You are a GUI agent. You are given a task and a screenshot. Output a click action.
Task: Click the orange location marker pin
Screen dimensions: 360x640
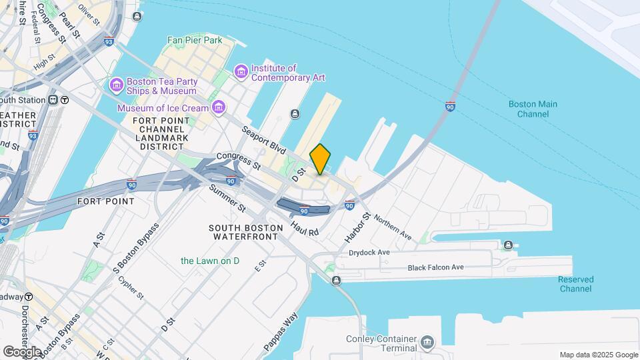(320, 159)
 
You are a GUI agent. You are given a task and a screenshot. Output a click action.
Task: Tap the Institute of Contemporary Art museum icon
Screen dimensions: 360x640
(241, 71)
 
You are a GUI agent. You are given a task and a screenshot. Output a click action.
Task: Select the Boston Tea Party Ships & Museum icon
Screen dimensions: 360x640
(116, 85)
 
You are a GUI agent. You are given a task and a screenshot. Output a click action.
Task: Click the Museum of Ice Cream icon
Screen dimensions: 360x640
(218, 107)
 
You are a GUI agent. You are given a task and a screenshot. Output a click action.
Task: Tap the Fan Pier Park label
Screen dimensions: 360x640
(194, 41)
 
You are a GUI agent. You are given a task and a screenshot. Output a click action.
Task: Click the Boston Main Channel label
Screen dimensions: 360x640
(533, 109)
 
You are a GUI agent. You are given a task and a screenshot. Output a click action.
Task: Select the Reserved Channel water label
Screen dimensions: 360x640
(575, 284)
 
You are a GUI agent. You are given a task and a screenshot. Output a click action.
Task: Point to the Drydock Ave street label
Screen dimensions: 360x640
(369, 253)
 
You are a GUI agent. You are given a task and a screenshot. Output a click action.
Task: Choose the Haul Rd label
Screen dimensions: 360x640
(305, 228)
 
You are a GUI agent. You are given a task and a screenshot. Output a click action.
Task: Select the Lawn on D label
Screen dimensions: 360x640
(209, 261)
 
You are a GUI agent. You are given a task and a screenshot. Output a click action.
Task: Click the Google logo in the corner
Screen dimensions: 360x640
(22, 351)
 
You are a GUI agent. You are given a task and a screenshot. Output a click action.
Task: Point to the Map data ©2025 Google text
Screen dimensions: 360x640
(598, 355)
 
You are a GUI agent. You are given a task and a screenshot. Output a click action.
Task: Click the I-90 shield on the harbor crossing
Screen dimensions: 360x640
(451, 106)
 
